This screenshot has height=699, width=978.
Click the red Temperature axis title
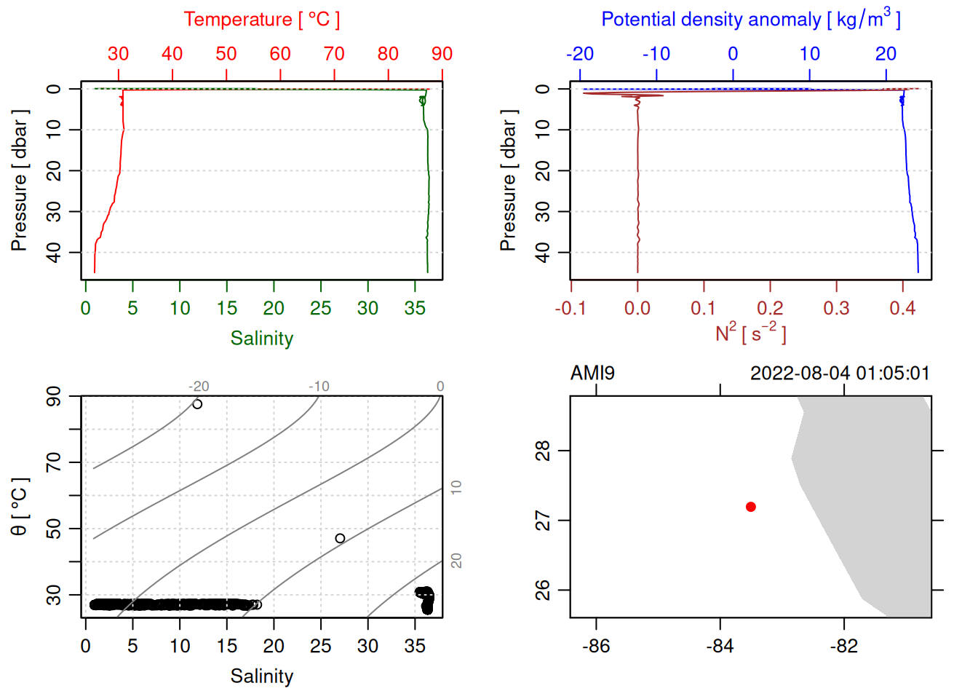coord(261,20)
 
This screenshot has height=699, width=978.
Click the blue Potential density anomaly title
coord(750,20)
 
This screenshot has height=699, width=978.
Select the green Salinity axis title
coord(261,339)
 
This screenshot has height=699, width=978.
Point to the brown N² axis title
coord(750,333)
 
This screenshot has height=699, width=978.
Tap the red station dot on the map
coord(751,507)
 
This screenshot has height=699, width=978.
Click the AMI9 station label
coord(592,374)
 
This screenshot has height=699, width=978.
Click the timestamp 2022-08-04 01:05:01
coord(840,374)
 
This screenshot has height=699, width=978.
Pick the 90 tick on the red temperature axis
coord(442,54)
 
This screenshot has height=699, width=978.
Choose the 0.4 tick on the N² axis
coord(902,309)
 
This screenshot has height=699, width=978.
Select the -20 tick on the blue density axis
coord(580,54)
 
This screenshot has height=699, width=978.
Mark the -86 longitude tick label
coord(596,646)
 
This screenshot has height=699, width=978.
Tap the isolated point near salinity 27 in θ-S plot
coord(340,539)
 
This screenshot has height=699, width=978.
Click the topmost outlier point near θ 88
coord(197,404)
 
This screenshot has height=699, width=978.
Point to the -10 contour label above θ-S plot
coord(319,387)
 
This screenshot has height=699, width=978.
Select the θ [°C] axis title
coord(20,507)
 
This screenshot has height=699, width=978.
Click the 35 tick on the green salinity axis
coord(415,309)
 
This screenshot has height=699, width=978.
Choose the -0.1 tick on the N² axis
coord(570,309)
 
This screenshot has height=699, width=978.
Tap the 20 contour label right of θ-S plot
coord(456,561)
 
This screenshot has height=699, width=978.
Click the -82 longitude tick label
coord(844,646)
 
